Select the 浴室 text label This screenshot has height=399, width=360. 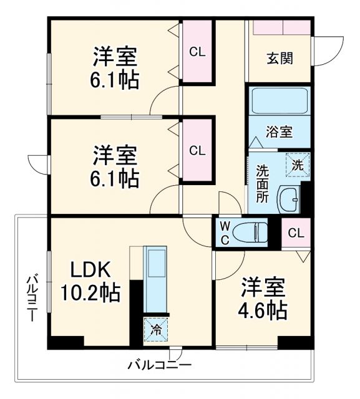[x=280, y=132]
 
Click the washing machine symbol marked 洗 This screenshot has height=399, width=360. [x=298, y=166]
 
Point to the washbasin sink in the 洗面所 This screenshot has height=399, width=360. [x=288, y=199]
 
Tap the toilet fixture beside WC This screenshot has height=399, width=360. [x=256, y=232]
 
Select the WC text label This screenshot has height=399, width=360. [x=225, y=231]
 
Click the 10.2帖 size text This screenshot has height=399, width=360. [x=90, y=291]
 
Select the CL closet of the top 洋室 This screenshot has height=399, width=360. [x=197, y=52]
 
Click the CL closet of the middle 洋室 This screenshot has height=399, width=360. [x=197, y=150]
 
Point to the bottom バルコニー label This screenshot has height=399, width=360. [x=160, y=365]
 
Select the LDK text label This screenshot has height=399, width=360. [x=90, y=270]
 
